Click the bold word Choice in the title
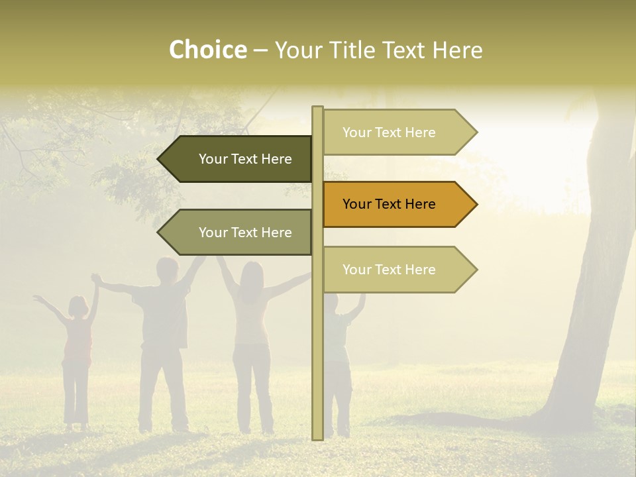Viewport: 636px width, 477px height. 207,50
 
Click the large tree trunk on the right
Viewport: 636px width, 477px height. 596,298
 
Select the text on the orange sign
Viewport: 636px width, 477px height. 389,204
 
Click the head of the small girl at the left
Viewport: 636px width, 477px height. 78,306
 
